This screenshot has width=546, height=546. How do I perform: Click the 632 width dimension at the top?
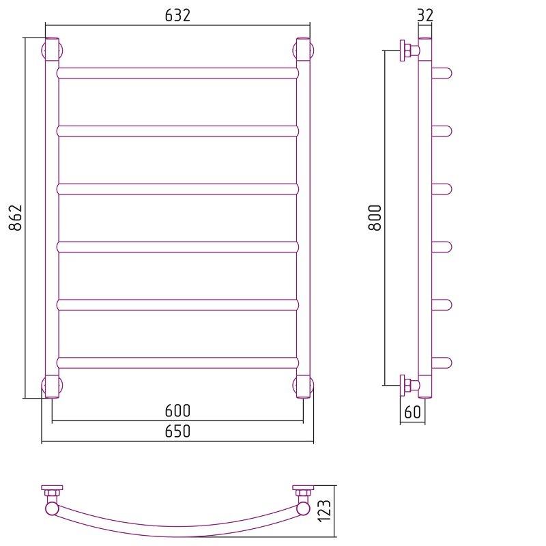[x=177, y=15]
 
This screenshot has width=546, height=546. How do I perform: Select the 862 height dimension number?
[x=15, y=218]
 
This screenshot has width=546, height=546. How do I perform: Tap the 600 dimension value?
[x=177, y=411]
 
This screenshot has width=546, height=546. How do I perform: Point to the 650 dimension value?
[x=177, y=431]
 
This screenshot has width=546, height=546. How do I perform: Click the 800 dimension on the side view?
[x=375, y=218]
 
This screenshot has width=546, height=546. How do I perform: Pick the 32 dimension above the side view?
[x=425, y=15]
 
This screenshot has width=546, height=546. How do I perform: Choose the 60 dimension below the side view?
[x=413, y=412]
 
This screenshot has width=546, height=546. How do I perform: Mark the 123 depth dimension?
[x=324, y=511]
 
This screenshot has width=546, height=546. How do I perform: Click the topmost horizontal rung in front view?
[x=177, y=73]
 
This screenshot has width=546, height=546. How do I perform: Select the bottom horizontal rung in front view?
[x=177, y=363]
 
